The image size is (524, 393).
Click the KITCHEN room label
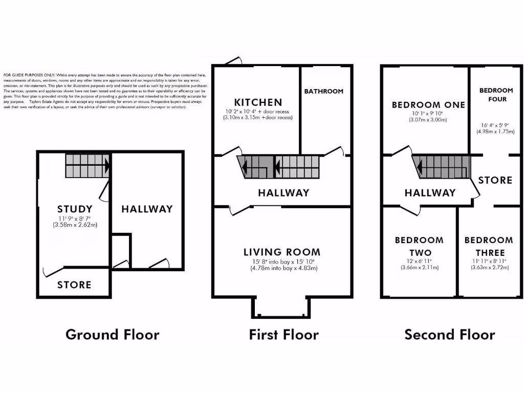(x=257, y=102)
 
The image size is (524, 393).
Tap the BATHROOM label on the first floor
(x=323, y=91)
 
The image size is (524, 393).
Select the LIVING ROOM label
(x=281, y=252)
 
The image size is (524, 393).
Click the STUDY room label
(x=75, y=209)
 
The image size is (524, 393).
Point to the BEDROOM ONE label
(x=428, y=105)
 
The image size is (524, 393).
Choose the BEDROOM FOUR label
(x=496, y=95)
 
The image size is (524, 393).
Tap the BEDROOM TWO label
(x=419, y=246)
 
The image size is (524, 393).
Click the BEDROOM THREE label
(x=488, y=246)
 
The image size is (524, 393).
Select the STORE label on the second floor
(x=495, y=180)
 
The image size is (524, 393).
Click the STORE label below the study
(x=74, y=285)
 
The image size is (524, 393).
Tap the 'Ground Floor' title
(x=112, y=335)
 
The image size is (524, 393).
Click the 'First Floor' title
(x=283, y=335)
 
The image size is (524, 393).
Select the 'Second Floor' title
(x=449, y=335)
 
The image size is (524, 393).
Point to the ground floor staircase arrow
(x=106, y=166)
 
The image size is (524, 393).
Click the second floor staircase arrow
(x=420, y=167)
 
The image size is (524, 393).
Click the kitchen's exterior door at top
(x=233, y=61)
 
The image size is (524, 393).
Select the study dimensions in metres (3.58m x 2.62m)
(x=75, y=225)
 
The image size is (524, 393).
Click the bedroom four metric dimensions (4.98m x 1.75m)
(x=495, y=130)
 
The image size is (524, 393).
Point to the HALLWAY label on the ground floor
(x=147, y=209)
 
